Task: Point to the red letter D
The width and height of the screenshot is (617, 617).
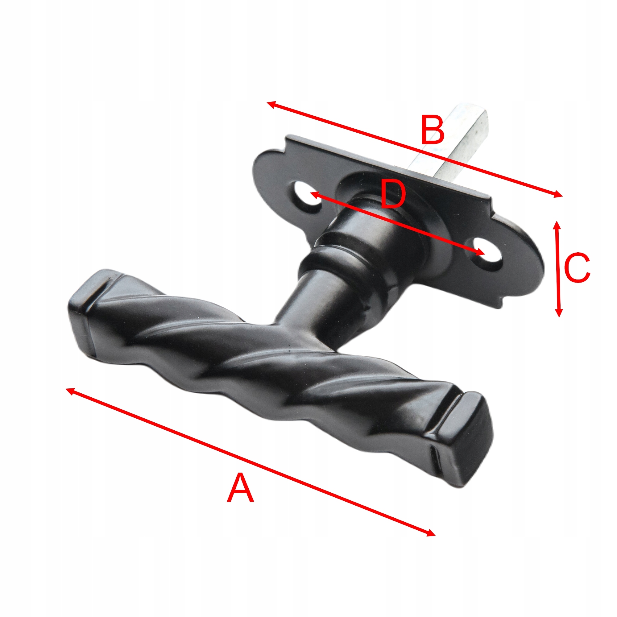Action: (393, 195)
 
